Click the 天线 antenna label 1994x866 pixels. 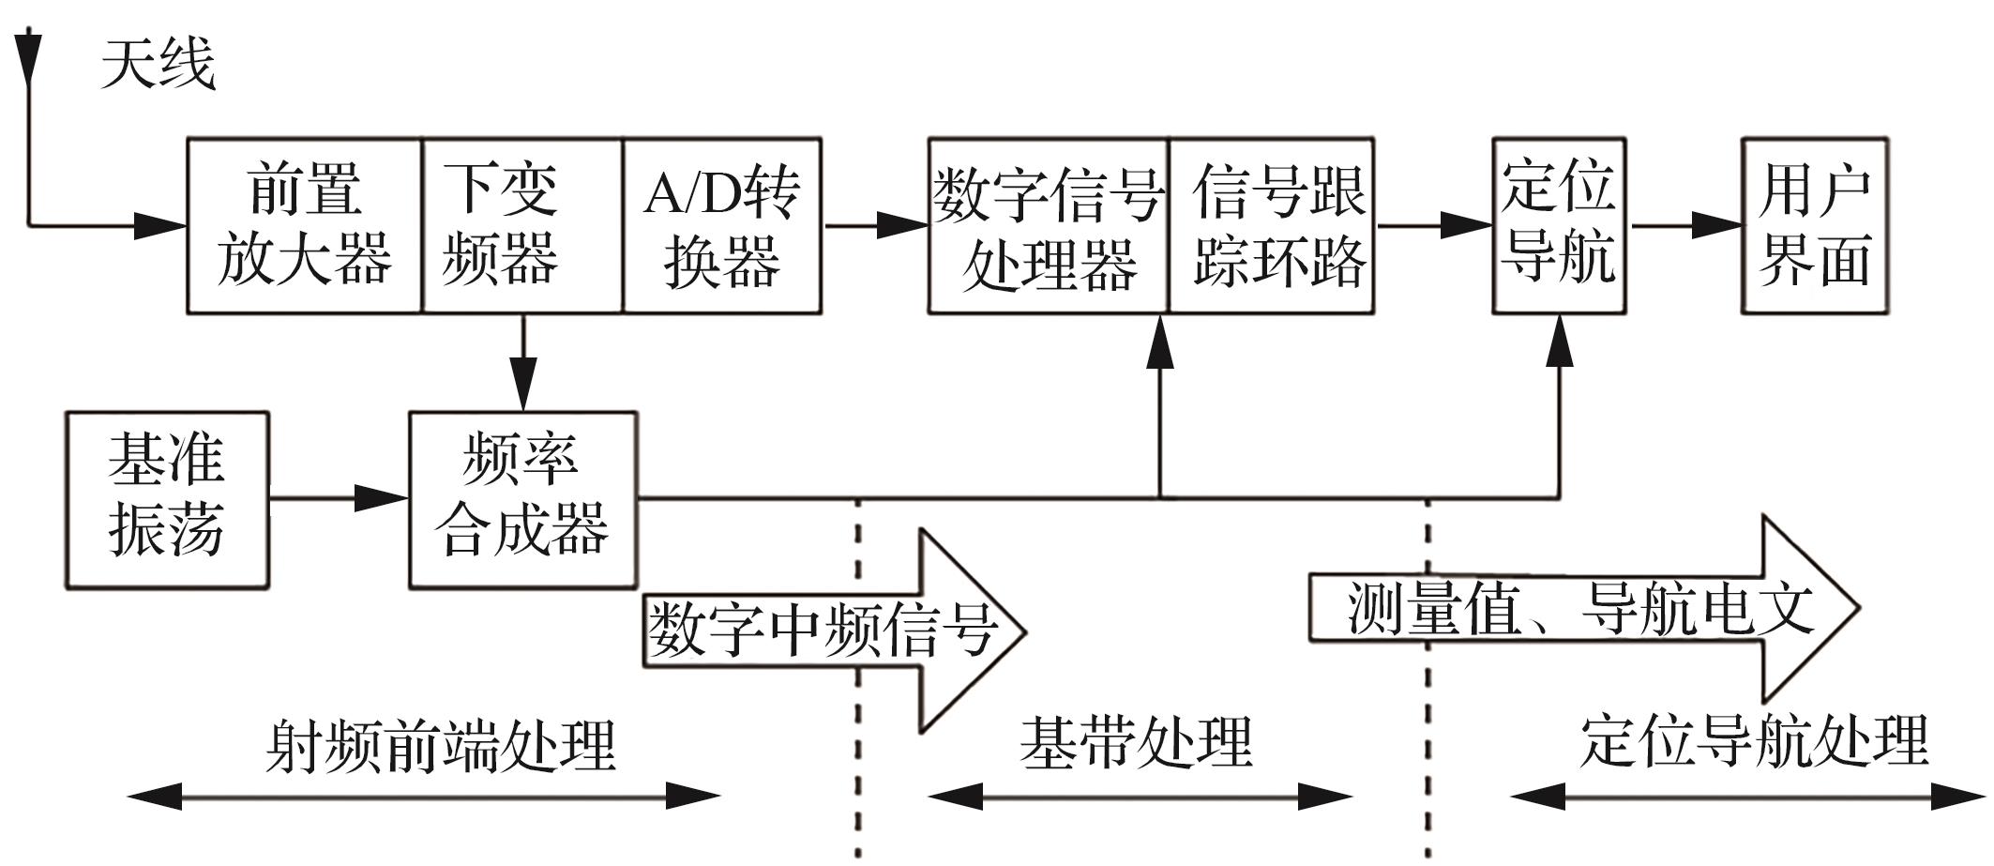158,64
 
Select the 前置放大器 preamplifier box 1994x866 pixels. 304,225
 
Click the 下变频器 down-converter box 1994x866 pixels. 521,225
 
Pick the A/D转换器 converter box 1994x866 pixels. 721,225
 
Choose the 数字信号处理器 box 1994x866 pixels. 1048,225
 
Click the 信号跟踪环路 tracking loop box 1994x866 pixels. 1271,225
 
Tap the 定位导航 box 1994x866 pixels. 1559,225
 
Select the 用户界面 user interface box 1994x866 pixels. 1815,225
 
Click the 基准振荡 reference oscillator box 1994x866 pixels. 167,499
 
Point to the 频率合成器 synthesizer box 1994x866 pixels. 522,499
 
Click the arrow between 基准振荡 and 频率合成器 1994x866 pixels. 339,498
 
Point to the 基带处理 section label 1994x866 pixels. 1136,742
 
